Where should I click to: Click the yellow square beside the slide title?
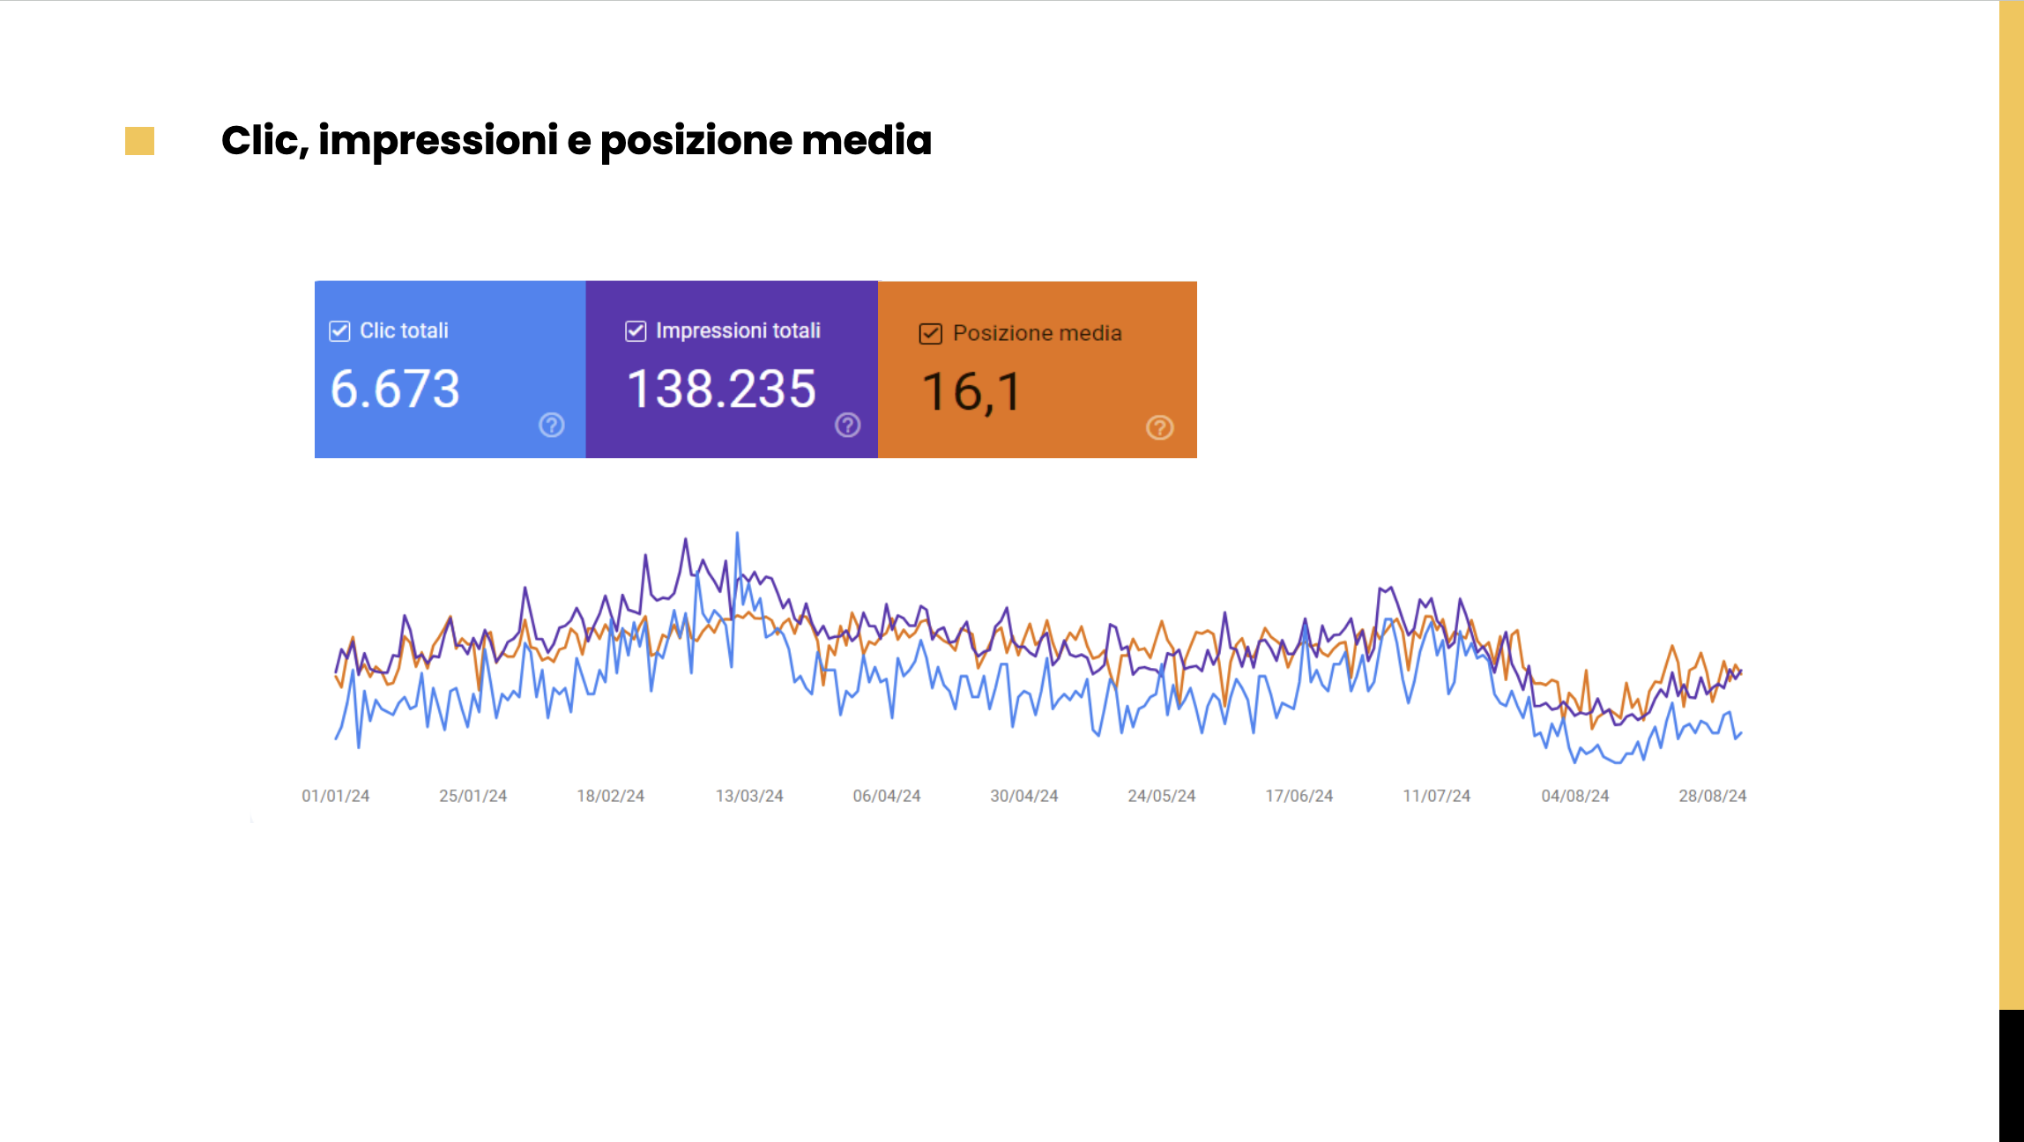pyautogui.click(x=139, y=141)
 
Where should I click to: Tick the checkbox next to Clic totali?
pyautogui.click(x=339, y=331)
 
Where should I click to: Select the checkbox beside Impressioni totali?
pyautogui.click(x=636, y=331)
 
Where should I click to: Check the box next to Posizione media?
pyautogui.click(x=930, y=334)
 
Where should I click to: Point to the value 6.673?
pyautogui.click(x=395, y=389)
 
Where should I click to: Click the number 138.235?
pyautogui.click(x=721, y=389)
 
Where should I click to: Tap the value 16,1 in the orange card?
pyautogui.click(x=971, y=392)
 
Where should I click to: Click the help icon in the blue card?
pyautogui.click(x=552, y=426)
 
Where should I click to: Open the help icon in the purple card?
pyautogui.click(x=848, y=426)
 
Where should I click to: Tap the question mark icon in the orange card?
pyautogui.click(x=1159, y=427)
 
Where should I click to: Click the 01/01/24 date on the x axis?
pyautogui.click(x=335, y=796)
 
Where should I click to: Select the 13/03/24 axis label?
pyautogui.click(x=749, y=796)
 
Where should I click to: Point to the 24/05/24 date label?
pyautogui.click(x=1161, y=796)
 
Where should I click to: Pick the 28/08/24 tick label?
pyautogui.click(x=1712, y=796)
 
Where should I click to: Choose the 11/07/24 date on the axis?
pyautogui.click(x=1436, y=796)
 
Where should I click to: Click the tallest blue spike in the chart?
pyautogui.click(x=737, y=535)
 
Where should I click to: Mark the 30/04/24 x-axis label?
pyautogui.click(x=1023, y=796)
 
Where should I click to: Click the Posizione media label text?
pyautogui.click(x=1037, y=333)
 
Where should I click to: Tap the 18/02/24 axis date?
pyautogui.click(x=610, y=796)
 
